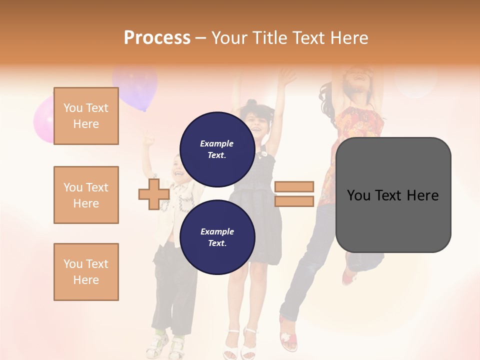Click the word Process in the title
(x=157, y=38)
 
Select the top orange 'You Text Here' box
(x=86, y=116)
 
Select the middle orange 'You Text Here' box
(x=86, y=195)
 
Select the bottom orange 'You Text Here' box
(x=86, y=272)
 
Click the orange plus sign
(x=153, y=194)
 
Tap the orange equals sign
(x=294, y=194)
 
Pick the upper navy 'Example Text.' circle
(x=217, y=149)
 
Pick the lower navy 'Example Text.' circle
(x=217, y=237)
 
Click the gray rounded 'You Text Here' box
(x=393, y=195)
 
